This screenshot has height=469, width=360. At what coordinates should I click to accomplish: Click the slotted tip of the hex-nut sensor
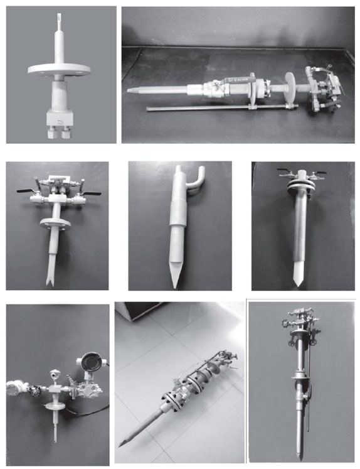58,19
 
